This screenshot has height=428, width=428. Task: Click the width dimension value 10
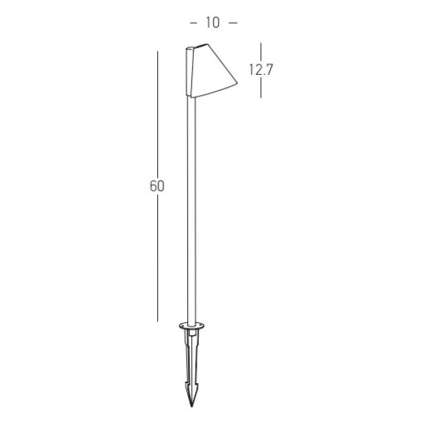[213, 23]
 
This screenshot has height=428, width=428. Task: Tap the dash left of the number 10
[193, 23]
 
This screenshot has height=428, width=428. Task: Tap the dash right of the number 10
[233, 23]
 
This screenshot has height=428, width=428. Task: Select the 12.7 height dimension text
[261, 70]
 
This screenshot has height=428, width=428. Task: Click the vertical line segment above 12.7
[261, 52]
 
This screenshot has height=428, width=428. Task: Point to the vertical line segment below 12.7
[261, 88]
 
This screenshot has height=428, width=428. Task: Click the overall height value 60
[157, 187]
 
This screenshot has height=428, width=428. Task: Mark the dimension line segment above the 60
[158, 114]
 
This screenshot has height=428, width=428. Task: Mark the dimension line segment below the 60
[158, 259]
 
